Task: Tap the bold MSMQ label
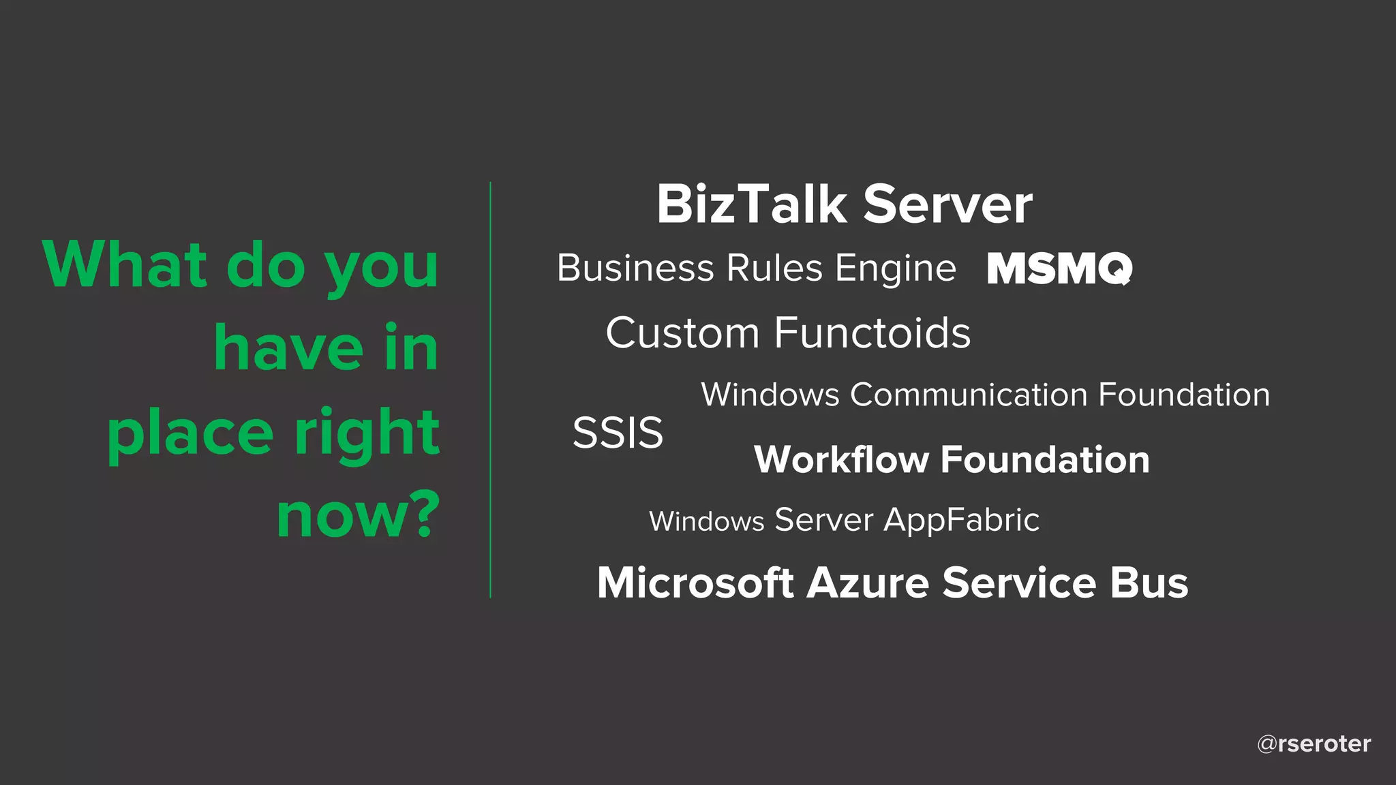[1059, 268]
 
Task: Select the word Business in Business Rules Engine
[635, 268]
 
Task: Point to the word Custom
[682, 333]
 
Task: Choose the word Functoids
[872, 333]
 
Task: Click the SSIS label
[618, 433]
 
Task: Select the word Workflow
[841, 459]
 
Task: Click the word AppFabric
[961, 521]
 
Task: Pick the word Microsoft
[695, 583]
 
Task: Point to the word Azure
[868, 583]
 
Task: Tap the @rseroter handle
[1314, 743]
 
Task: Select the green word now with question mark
[359, 515]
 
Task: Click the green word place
[190, 433]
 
